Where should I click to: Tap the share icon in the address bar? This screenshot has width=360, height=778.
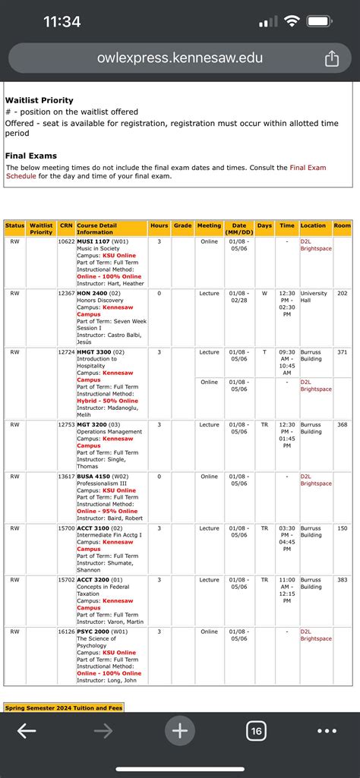[331, 58]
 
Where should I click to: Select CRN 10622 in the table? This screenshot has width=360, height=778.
[66, 241]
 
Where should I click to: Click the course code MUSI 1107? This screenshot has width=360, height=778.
[94, 241]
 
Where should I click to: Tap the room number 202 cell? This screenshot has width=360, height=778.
[342, 293]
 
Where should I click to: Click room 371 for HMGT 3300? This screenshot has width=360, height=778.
[342, 352]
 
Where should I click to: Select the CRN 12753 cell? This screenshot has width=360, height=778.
[66, 425]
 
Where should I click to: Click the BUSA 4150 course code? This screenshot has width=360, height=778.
[94, 477]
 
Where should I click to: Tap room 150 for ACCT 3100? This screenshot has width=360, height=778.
[342, 528]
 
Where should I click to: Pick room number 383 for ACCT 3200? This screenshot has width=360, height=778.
[342, 580]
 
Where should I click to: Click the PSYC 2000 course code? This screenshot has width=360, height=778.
[94, 632]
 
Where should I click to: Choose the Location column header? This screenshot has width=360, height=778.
[313, 225]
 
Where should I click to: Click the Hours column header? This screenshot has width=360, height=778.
[159, 225]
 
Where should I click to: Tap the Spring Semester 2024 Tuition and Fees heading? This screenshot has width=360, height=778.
[64, 708]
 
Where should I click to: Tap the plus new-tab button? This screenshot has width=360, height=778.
[180, 731]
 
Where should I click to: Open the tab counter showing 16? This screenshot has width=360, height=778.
[256, 731]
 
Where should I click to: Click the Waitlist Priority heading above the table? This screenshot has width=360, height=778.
[39, 100]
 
